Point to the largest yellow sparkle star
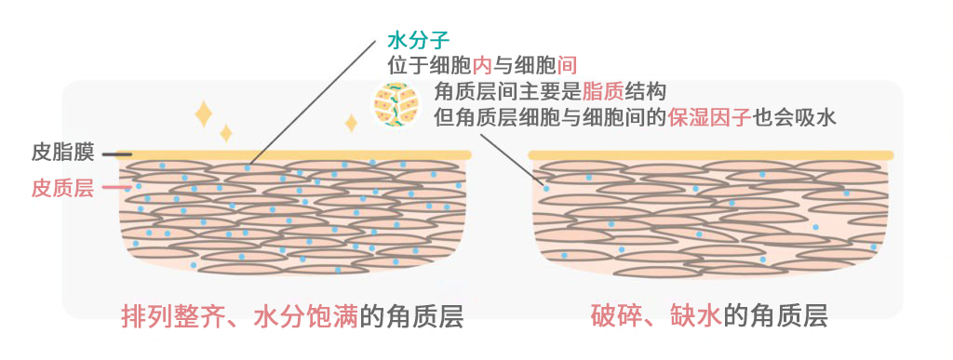click(x=203, y=113)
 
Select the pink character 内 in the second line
click(x=482, y=66)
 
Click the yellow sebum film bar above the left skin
click(x=298, y=154)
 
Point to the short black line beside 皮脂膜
click(x=116, y=154)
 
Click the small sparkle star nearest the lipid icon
click(x=351, y=123)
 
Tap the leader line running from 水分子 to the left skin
click(x=316, y=102)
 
